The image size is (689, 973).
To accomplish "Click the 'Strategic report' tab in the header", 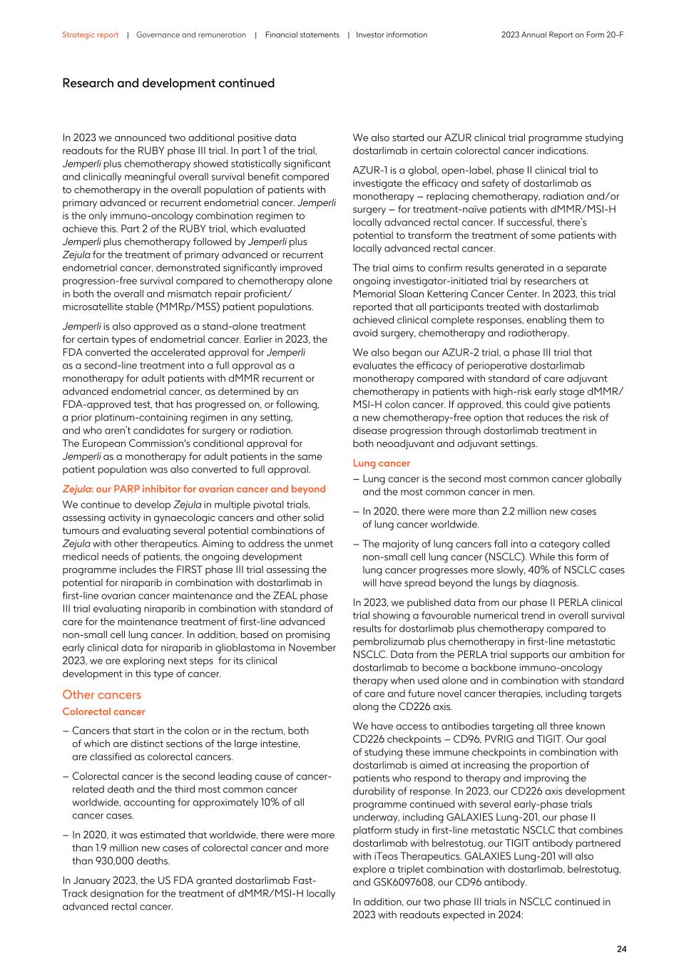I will point(90,35).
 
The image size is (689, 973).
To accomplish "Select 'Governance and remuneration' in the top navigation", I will point(191,35).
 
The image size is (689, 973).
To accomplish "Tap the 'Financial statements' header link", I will point(302,35).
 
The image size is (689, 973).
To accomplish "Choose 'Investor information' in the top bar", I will point(392,35).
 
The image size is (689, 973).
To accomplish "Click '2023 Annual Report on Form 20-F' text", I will point(562,35).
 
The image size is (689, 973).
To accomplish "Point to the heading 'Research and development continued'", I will point(168,83).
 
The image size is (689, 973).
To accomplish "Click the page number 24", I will point(621,949).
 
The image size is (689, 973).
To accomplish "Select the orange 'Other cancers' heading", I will point(101,695).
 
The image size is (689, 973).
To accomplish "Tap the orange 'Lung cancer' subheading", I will point(381,463).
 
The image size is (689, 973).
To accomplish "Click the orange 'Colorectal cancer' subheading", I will point(103,712).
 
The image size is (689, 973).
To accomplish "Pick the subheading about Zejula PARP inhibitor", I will point(194,489).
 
